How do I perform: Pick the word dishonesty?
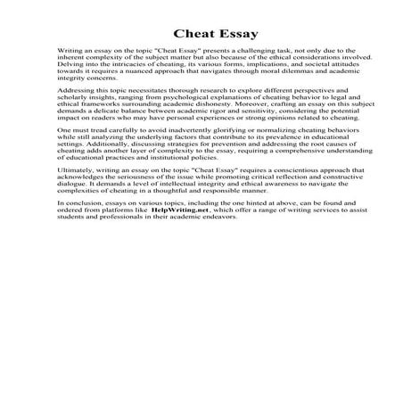208,132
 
